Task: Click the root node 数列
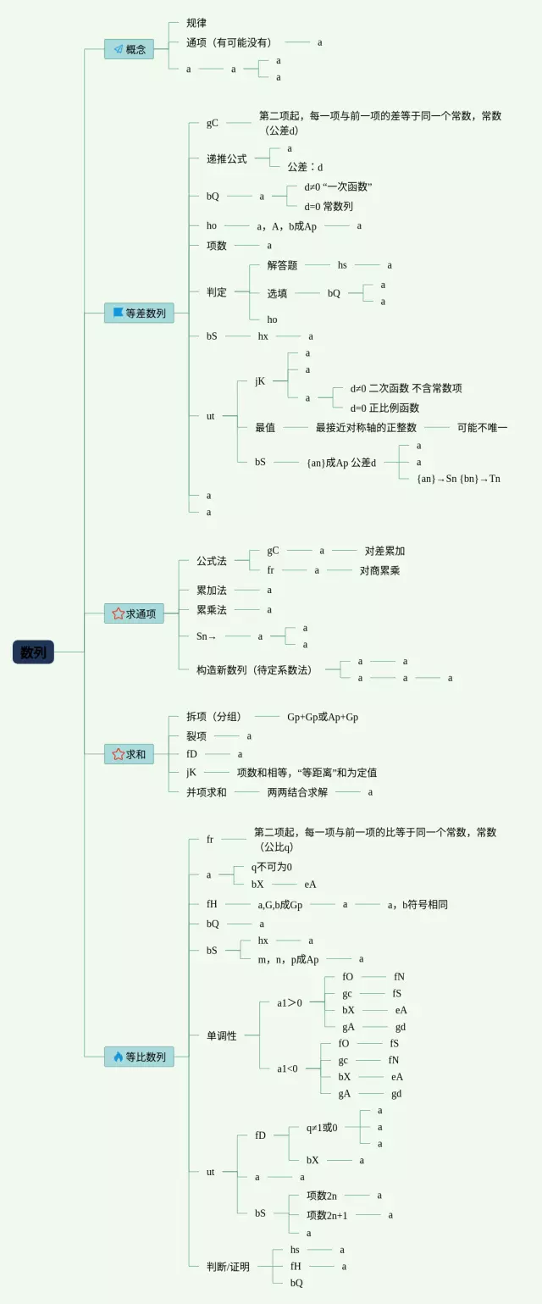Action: click(33, 652)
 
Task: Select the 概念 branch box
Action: click(129, 49)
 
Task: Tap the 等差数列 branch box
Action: click(139, 313)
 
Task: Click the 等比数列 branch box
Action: click(139, 1057)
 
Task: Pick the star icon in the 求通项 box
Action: click(119, 613)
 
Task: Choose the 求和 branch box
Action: click(129, 753)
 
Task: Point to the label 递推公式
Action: click(227, 158)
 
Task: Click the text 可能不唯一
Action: click(482, 428)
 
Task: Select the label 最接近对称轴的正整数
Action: click(366, 428)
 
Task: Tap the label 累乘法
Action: click(212, 609)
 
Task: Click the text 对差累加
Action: click(384, 551)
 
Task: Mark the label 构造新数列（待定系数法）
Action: click(255, 669)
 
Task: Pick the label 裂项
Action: click(196, 735)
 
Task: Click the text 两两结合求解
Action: click(297, 792)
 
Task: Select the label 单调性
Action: click(222, 1035)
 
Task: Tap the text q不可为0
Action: click(271, 867)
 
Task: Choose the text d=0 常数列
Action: click(329, 206)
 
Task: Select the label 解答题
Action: click(282, 265)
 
